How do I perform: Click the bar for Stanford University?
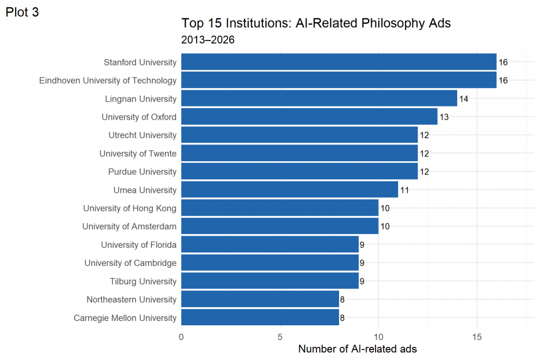coord(339,62)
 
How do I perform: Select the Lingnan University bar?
coord(319,99)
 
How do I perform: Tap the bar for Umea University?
coord(290,190)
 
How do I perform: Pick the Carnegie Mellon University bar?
coord(260,317)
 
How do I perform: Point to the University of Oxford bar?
coord(309,116)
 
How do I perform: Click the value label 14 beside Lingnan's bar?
coord(464,99)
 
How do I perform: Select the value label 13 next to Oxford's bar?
coord(444,118)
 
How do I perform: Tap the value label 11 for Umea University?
coord(404,190)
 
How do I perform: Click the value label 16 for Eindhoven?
coord(503,81)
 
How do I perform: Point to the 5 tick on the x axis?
coord(280,337)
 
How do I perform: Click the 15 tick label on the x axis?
coord(477,337)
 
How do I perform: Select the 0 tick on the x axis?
coord(181,337)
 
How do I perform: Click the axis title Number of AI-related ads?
coord(358,349)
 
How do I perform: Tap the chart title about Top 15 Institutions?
coord(316,23)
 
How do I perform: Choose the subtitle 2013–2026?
coord(208,40)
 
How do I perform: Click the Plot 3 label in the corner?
coord(22,12)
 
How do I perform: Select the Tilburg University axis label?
coord(143,281)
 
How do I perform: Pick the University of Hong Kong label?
coord(130,208)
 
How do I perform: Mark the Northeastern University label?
coord(131,299)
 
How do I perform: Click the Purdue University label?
coord(142,171)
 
